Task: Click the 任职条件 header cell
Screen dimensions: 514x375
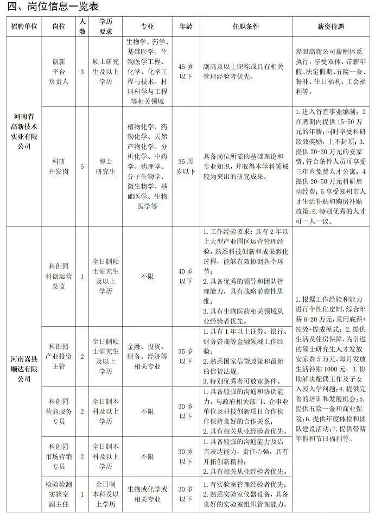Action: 245,26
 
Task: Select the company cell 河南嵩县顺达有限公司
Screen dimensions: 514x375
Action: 24,370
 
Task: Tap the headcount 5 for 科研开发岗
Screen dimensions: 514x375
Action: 82,167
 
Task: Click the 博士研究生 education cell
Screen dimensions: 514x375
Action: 105,167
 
